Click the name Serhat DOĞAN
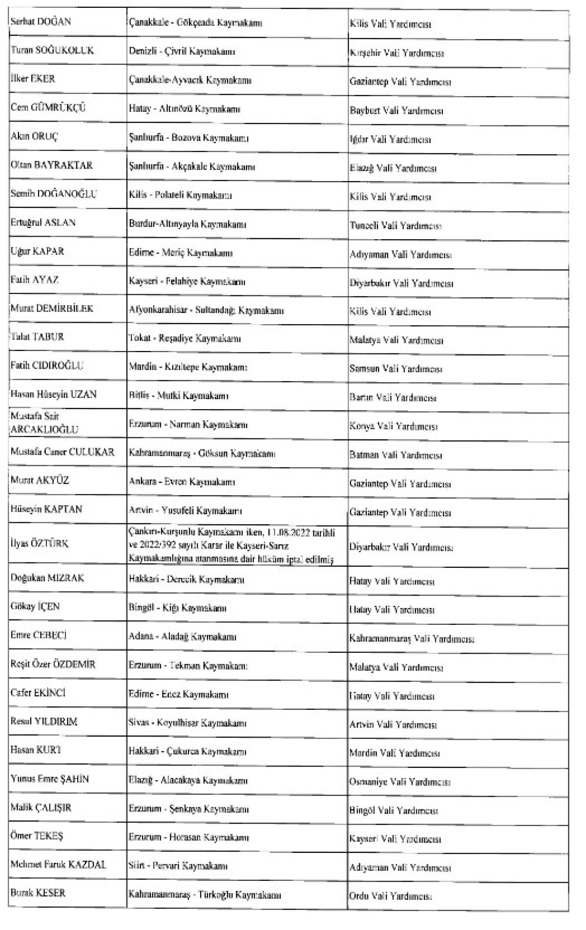(41, 22)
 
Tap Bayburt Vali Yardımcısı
(396, 111)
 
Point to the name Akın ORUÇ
(34, 137)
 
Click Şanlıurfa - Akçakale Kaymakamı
(192, 166)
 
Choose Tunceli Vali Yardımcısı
(396, 226)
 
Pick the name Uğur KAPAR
(37, 251)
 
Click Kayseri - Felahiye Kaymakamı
(187, 282)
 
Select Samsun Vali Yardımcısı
(396, 369)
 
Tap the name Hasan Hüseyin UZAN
(54, 394)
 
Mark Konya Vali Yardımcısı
(393, 426)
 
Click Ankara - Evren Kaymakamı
(182, 482)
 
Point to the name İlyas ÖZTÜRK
(40, 543)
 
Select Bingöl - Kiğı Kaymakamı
(177, 608)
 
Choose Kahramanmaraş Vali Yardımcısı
(412, 639)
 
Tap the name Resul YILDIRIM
(44, 722)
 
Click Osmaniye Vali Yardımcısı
(399, 782)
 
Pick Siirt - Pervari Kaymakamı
(178, 866)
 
